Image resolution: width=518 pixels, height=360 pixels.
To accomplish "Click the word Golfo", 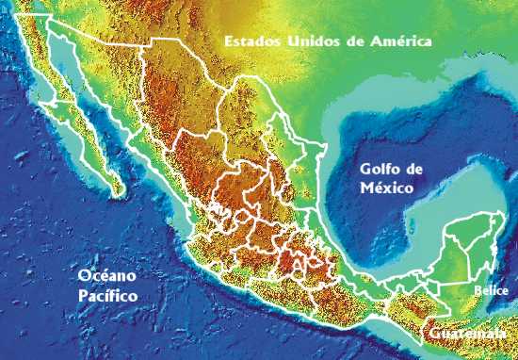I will click(x=380, y=171).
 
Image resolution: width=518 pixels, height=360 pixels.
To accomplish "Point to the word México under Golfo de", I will click(x=388, y=188).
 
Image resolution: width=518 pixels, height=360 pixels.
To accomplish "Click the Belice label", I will click(x=491, y=291).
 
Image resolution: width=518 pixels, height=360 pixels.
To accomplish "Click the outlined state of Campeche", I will click(x=443, y=259).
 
